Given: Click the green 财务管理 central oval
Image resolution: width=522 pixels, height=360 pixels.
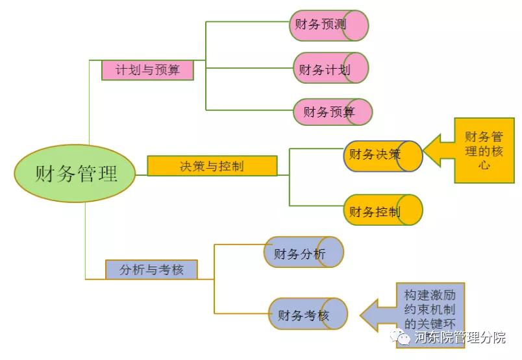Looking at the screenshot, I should click(x=75, y=174).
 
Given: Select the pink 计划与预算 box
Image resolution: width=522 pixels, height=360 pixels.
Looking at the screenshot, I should click(x=147, y=70).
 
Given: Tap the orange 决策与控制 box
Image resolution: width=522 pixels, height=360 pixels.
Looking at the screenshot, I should click(x=212, y=166).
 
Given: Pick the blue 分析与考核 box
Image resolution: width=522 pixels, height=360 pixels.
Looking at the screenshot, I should click(x=151, y=269).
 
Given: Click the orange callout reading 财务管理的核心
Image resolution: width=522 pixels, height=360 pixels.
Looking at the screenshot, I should click(x=484, y=150).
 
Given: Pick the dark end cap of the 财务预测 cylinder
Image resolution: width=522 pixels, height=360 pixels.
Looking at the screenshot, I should click(x=356, y=25).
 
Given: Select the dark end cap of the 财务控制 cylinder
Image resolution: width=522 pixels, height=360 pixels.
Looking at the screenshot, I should click(x=410, y=210).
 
